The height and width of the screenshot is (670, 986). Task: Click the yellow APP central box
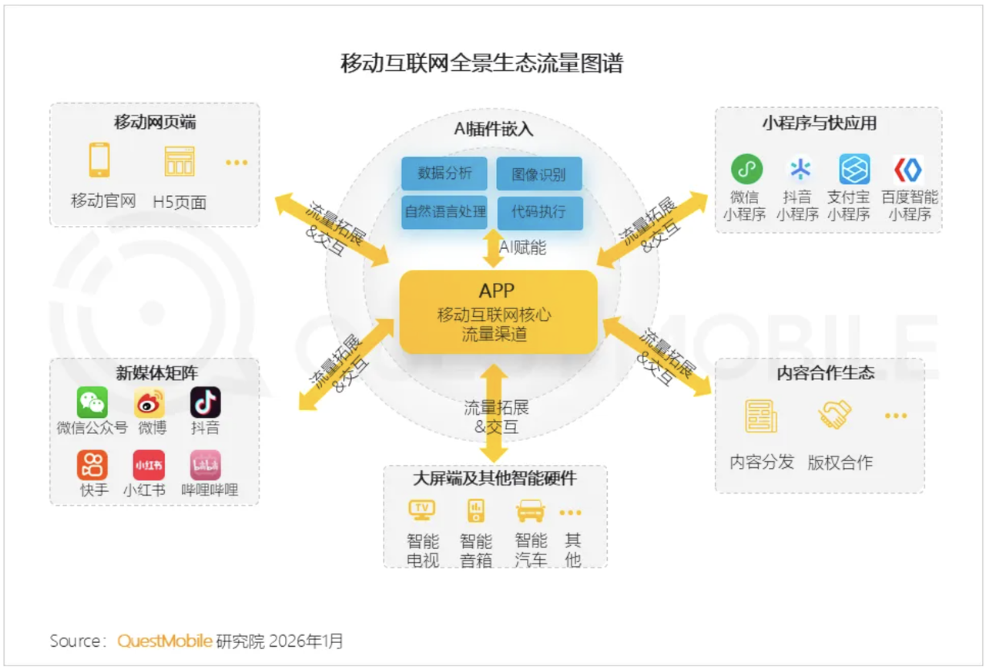(x=498, y=311)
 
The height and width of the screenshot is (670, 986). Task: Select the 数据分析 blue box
(x=444, y=173)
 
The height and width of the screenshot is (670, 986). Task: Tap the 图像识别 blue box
(x=538, y=173)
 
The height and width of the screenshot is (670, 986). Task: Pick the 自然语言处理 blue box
(x=444, y=210)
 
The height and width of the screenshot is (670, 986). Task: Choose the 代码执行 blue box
(x=538, y=211)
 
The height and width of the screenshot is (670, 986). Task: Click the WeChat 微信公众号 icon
(x=92, y=402)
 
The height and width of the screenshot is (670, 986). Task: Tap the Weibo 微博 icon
(x=149, y=402)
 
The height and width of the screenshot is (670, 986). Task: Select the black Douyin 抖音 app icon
(x=206, y=402)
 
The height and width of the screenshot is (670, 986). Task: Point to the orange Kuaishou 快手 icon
(x=92, y=465)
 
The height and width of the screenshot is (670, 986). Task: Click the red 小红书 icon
(x=149, y=465)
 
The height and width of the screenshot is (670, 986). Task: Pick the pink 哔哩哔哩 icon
(x=206, y=465)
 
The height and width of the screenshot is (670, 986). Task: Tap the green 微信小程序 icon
(x=746, y=169)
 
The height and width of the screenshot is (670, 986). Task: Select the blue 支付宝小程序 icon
(x=854, y=169)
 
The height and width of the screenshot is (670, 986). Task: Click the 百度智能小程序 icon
(x=909, y=169)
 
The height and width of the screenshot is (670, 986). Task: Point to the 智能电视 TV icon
(x=421, y=510)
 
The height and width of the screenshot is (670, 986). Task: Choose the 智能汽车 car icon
(x=530, y=510)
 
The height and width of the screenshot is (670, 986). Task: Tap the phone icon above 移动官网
(x=99, y=160)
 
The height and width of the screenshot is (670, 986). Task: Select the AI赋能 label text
(x=522, y=247)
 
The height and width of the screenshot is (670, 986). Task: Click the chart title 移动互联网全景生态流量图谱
(x=481, y=63)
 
